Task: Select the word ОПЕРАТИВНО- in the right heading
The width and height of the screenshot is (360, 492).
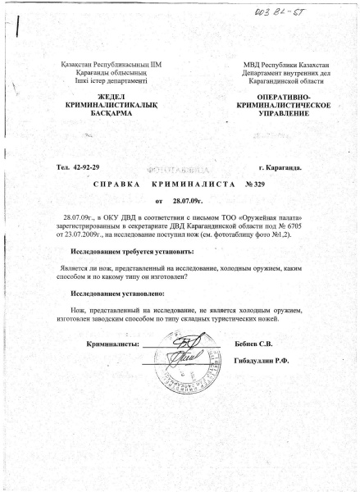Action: click(x=271, y=98)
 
